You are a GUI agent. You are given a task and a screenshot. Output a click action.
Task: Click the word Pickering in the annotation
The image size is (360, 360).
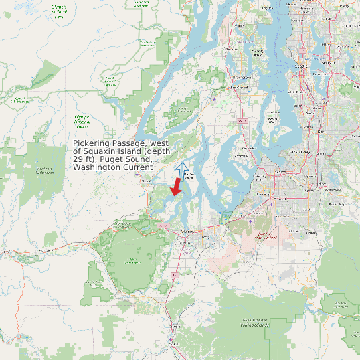tap(92, 143)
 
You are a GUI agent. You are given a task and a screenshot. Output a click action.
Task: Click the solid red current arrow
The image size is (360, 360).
tap(175, 187)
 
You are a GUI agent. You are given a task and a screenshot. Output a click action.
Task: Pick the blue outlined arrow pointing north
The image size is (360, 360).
tap(182, 169)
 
